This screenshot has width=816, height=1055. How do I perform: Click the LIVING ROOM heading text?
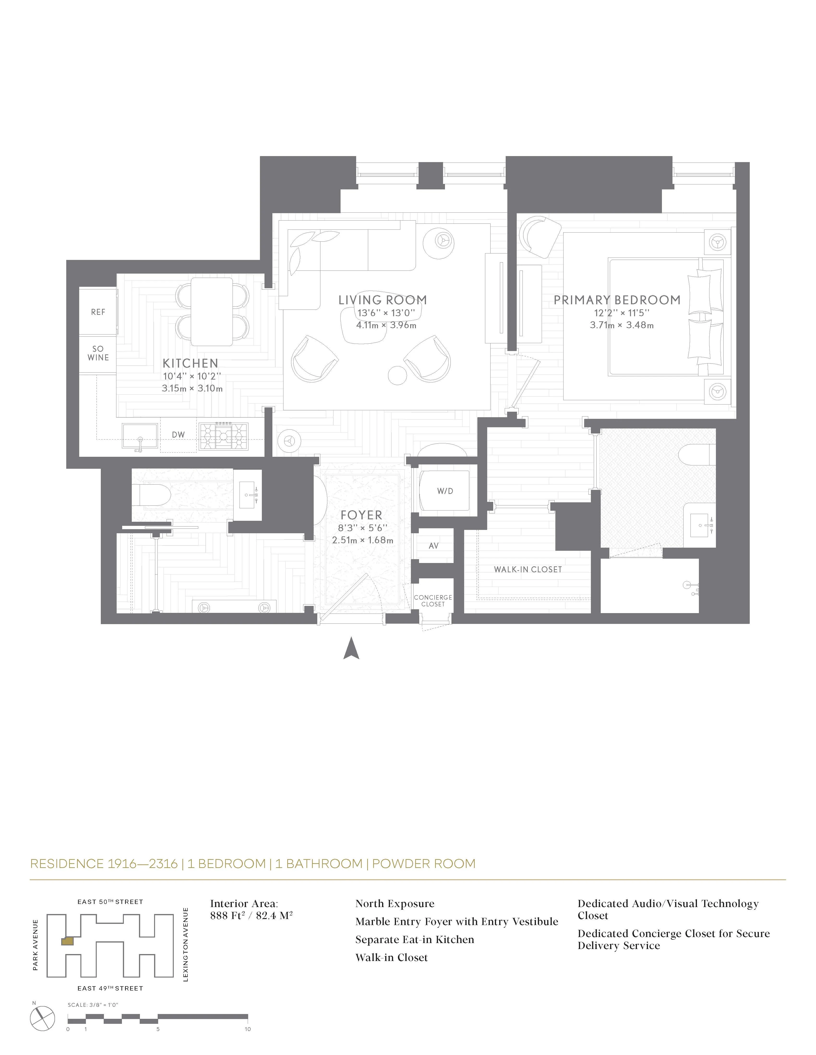click(x=382, y=300)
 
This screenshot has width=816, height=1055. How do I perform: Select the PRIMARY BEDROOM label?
click(x=617, y=300)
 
